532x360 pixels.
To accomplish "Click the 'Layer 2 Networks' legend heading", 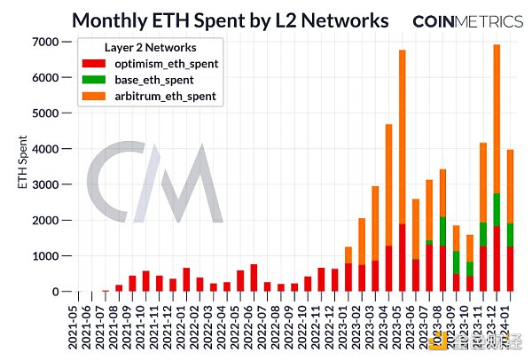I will [x=138, y=49].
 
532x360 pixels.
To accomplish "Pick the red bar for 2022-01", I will [x=186, y=280].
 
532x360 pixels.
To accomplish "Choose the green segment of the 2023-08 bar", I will [x=442, y=231].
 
